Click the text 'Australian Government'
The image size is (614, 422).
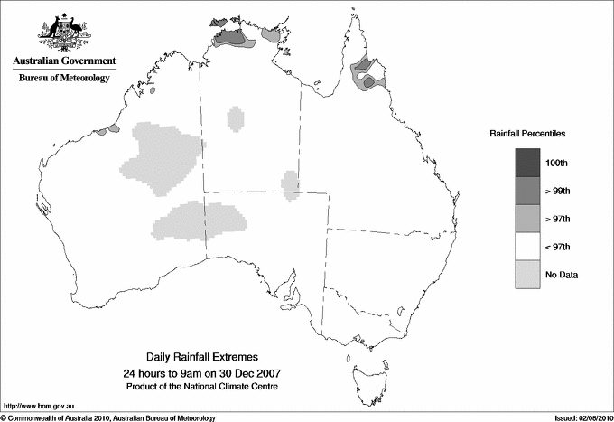pos(63,61)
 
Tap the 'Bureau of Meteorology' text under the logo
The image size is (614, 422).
pos(63,78)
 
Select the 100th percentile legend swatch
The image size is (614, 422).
pos(528,164)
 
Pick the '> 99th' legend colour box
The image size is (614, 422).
pos(528,192)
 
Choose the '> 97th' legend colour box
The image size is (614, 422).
pos(528,219)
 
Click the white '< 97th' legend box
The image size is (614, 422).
pos(528,247)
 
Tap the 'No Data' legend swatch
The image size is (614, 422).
pos(528,274)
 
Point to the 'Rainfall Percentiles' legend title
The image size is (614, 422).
pos(527,133)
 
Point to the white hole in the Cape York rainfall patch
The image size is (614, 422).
pos(364,79)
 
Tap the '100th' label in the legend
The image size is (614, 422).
pos(556,164)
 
